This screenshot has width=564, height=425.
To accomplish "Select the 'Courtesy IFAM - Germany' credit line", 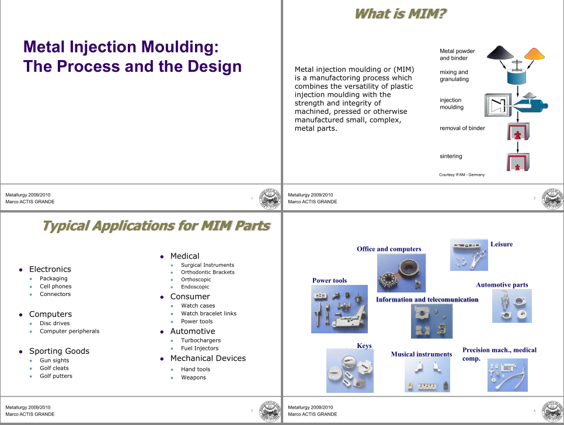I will pos(461,175).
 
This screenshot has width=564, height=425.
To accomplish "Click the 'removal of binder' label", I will pos(462,128).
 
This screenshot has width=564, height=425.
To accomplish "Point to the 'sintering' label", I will pos(451,156).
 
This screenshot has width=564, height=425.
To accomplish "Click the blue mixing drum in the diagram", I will pos(517,76).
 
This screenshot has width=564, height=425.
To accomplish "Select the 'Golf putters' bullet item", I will pos(56,376).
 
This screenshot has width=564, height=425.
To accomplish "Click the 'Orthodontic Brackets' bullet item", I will pos(207,272).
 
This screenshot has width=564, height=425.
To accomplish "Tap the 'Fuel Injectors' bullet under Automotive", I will pos(200,349).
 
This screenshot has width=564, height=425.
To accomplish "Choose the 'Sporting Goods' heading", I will pos(59,351).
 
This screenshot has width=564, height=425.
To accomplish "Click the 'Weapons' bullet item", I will pos(193,378).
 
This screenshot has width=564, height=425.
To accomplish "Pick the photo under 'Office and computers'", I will pos(401,273).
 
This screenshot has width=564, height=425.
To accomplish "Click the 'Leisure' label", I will pos(502,244).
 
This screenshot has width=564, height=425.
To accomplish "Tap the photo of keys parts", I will pos(349,371).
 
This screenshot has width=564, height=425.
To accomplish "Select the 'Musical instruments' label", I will pos(421,354).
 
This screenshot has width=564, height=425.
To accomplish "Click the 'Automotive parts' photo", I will pos(511,306).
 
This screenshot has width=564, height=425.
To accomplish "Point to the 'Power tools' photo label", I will pos(329,280).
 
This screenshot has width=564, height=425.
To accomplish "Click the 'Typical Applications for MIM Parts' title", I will pos(156,225).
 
